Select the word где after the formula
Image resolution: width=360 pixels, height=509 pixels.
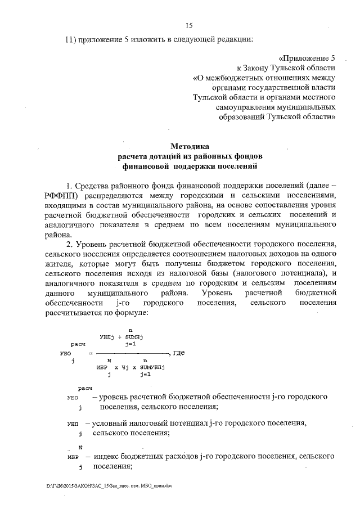pos(179,353)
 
